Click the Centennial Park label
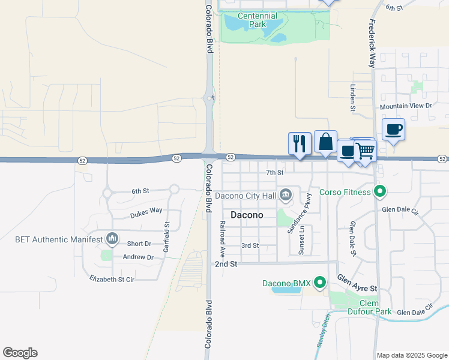[257, 20]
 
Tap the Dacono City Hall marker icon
[286, 194]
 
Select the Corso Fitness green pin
[379, 192]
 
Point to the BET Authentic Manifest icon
[112, 239]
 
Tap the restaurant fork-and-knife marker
[300, 143]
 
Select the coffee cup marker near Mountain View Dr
[393, 129]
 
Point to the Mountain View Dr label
[406, 106]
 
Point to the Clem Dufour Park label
[369, 307]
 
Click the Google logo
[20, 353]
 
